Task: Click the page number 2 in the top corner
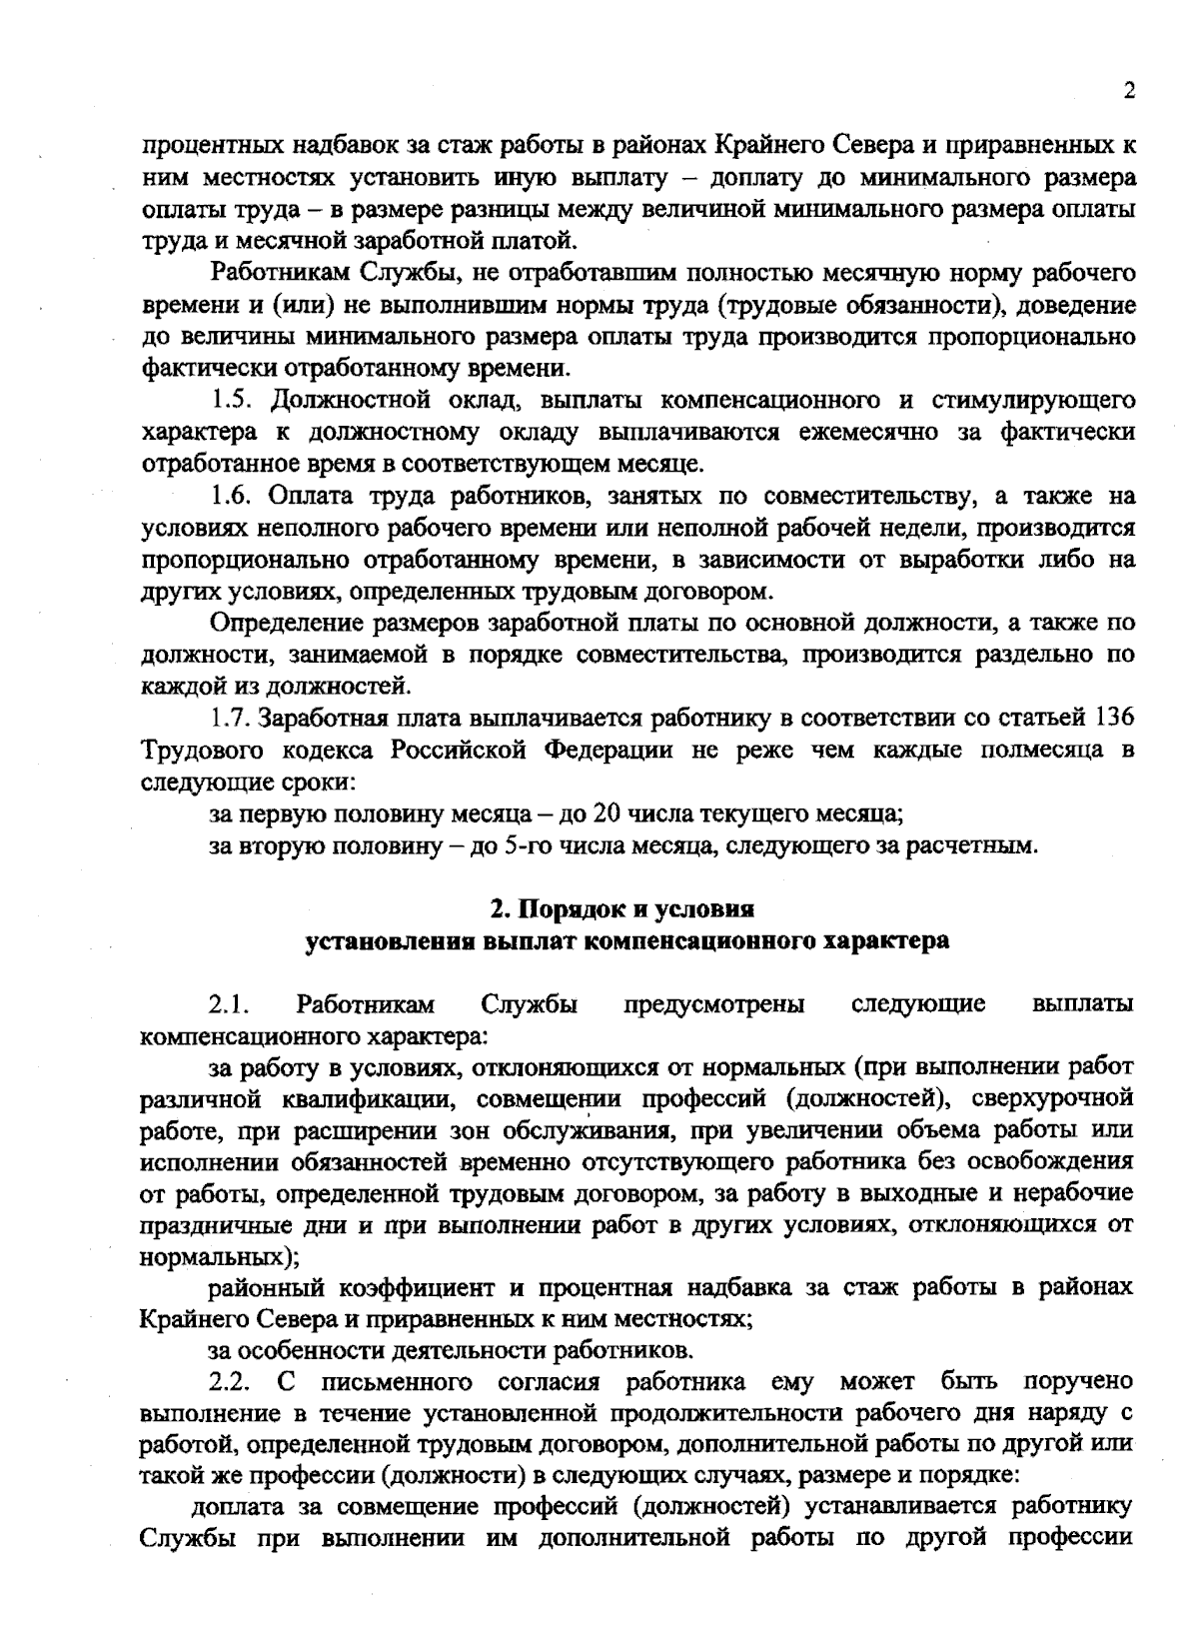1129,91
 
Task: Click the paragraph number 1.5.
232,402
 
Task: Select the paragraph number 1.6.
232,497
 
